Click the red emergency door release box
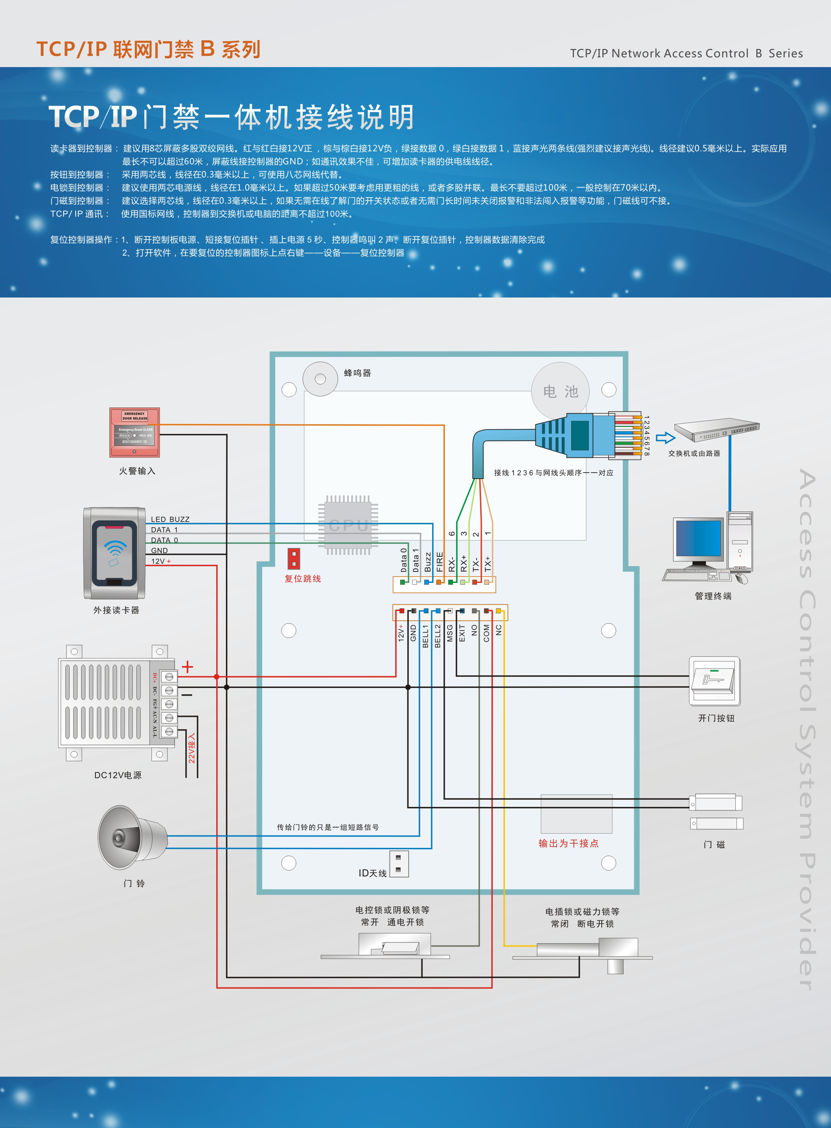[134, 432]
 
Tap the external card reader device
[115, 553]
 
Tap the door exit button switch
[714, 681]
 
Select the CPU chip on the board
[348, 525]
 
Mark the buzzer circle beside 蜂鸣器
[320, 379]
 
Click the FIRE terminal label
[440, 562]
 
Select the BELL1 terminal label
[425, 636]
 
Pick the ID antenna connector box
[399, 864]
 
